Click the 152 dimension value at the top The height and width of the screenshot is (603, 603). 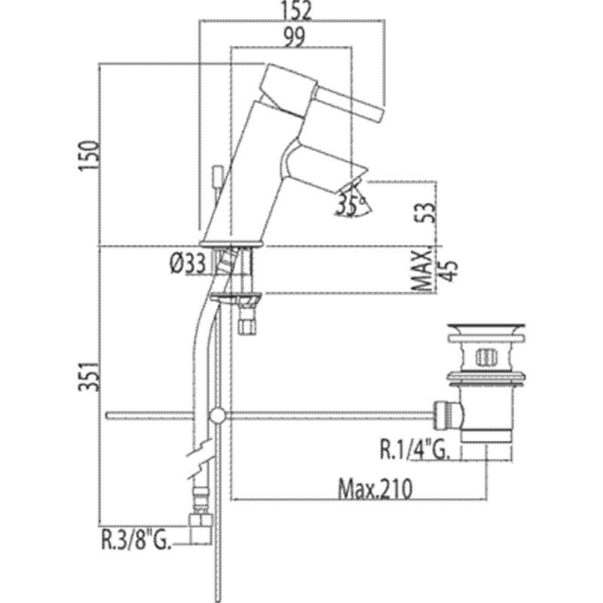[296, 11]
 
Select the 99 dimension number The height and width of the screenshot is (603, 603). [294, 37]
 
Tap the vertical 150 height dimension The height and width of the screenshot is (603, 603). [88, 156]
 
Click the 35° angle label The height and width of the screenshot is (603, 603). [350, 205]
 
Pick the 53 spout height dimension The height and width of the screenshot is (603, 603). [425, 213]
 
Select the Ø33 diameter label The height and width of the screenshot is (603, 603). [188, 265]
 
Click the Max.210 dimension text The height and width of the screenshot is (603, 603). [375, 489]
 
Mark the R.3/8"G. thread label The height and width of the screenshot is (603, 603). [136, 540]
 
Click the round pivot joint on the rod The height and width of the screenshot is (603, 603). [218, 415]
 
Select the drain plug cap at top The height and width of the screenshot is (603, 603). [485, 329]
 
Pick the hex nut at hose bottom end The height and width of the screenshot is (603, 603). [200, 521]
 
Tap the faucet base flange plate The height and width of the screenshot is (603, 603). [231, 243]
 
